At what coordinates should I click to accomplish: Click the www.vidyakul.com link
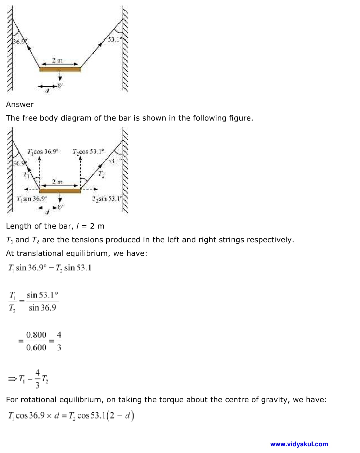tap(299, 444)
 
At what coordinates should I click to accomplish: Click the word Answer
tap(20, 105)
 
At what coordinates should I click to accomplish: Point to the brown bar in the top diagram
tap(60, 70)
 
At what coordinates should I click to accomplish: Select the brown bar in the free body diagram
tap(60, 191)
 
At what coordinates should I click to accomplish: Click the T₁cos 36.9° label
tap(43, 152)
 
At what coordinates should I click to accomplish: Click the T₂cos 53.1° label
tap(88, 152)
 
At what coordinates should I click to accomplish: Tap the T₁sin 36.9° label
tap(32, 199)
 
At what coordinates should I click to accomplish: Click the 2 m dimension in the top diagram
tap(57, 60)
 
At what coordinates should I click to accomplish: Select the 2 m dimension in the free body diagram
tap(57, 182)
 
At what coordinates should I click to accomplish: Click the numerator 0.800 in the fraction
tap(36, 335)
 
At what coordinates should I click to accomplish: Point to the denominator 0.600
tap(36, 348)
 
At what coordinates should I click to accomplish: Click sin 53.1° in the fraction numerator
tap(42, 295)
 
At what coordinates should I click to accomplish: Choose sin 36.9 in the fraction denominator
tap(42, 308)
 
